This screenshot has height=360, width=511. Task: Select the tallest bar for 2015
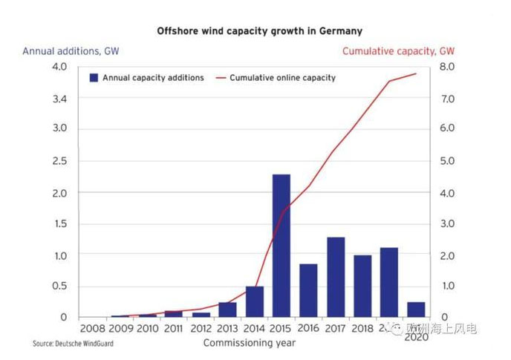coord(281,245)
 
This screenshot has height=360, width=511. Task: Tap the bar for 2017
coord(336,277)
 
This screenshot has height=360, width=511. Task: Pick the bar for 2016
coord(308,290)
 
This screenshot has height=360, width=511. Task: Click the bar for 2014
coord(254,301)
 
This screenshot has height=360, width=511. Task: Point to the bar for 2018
coord(362,286)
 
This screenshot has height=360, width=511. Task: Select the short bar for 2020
coord(417,310)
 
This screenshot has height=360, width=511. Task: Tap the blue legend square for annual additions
coord(94,77)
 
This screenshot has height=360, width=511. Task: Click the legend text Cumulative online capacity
coord(282,77)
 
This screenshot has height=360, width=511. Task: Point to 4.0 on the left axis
coord(59,67)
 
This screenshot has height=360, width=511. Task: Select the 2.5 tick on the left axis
coord(59,161)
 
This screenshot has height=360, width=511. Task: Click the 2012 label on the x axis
coord(200,328)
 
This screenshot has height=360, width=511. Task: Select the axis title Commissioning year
coord(249,342)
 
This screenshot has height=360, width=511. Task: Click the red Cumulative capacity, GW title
coord(398,51)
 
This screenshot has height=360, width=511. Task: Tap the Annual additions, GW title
coord(71,51)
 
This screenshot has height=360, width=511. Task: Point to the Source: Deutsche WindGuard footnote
coord(73,344)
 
